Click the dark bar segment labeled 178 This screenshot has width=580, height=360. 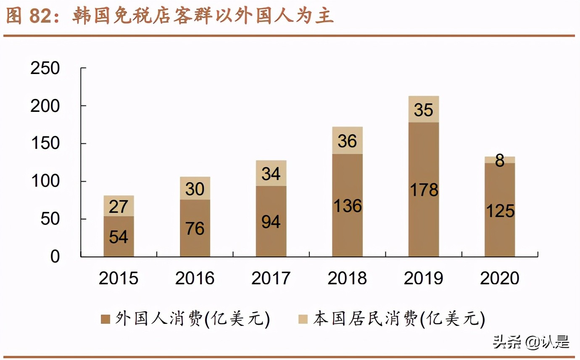point(424,189)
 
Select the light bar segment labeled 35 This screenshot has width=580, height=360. point(424,109)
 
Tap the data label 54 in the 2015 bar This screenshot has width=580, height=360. point(119,237)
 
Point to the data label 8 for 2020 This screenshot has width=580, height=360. point(500,160)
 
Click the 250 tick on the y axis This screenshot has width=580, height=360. point(45,69)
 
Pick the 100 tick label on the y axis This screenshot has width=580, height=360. point(45,182)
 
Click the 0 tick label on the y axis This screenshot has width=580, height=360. point(55,257)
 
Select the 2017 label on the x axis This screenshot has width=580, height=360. point(271,278)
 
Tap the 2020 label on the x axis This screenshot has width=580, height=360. point(500,278)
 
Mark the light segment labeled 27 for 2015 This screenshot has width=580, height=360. point(119,206)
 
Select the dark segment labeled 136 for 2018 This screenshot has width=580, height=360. point(347,205)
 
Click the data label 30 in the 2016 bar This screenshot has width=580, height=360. point(195,189)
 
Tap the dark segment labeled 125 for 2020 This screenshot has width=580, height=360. point(500,210)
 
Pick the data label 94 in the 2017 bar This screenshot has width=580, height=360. point(271,221)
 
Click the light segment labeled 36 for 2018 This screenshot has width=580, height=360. point(347,140)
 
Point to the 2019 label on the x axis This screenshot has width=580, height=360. point(424,278)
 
